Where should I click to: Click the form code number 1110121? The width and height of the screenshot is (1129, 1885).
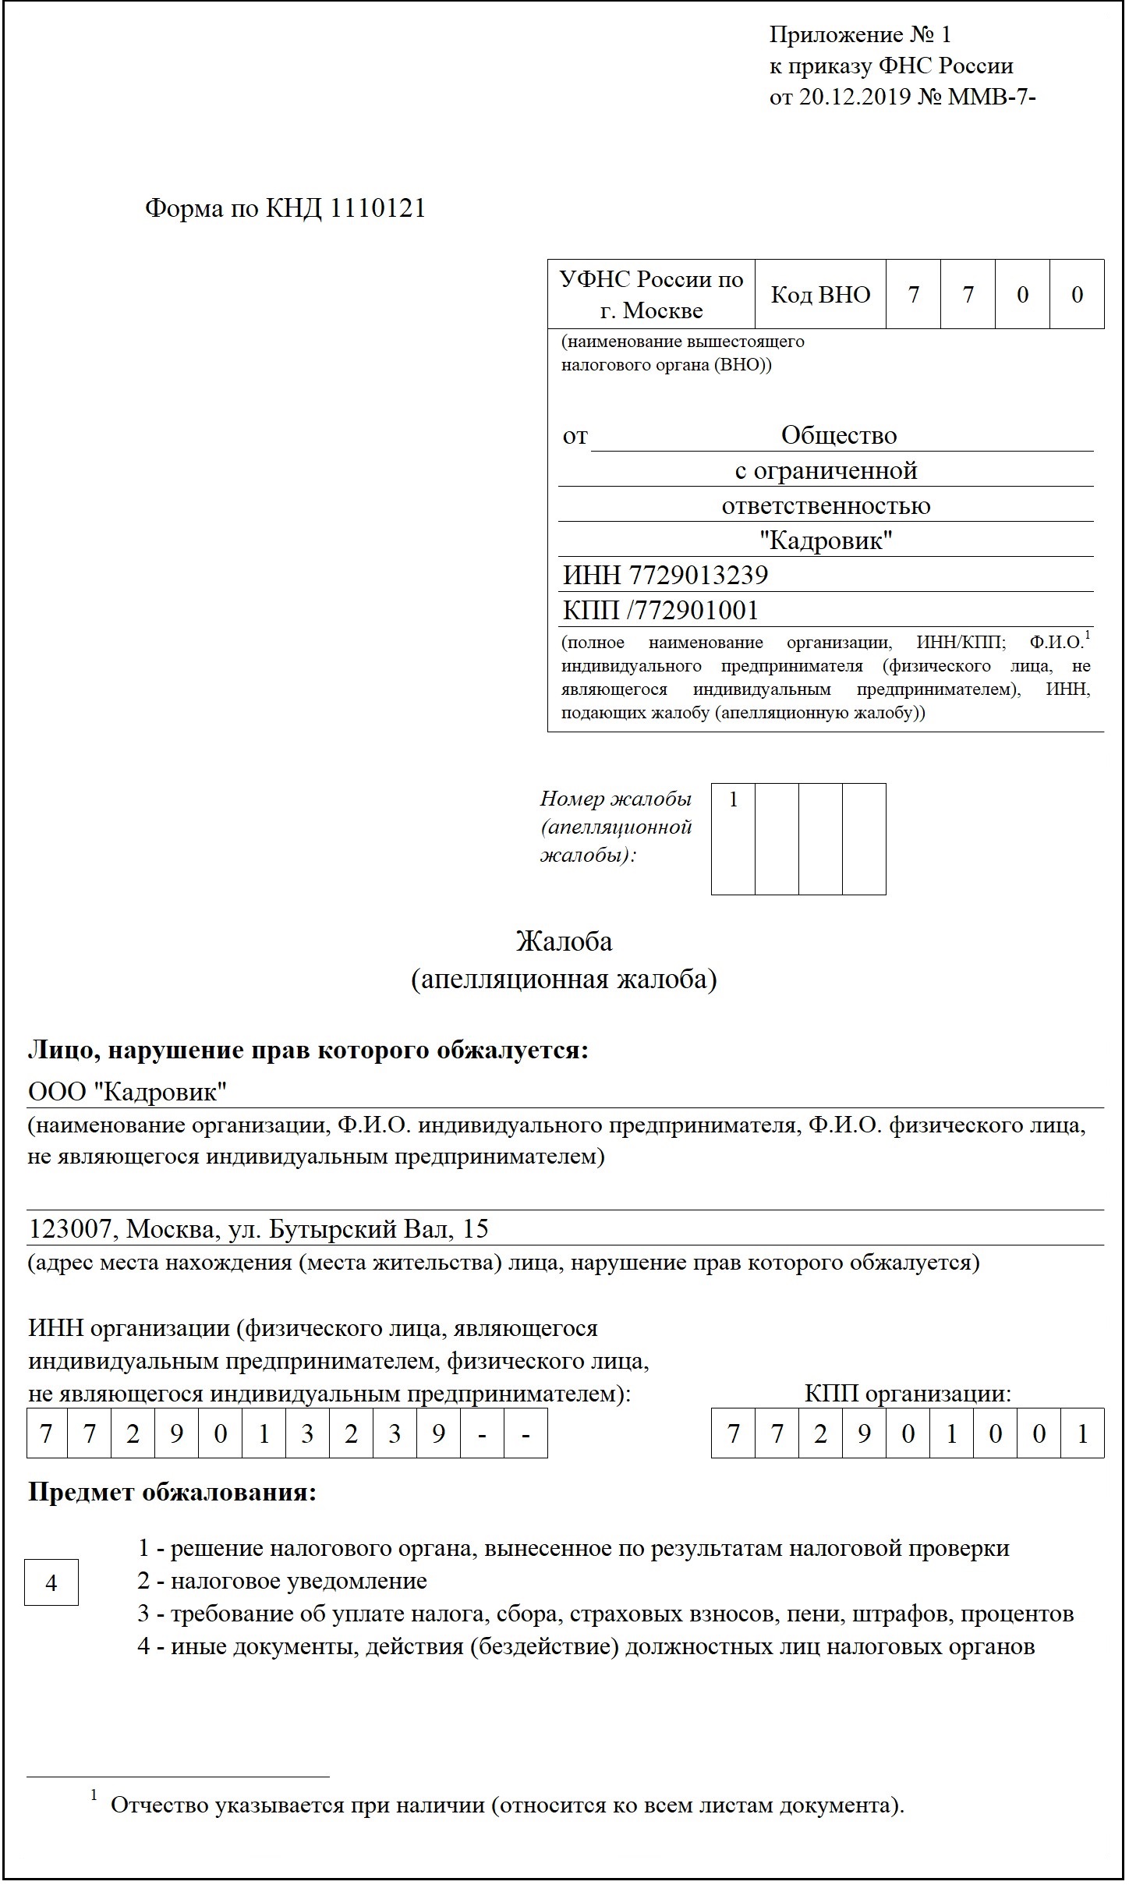point(378,209)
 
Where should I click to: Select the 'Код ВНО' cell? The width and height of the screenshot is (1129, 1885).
point(820,295)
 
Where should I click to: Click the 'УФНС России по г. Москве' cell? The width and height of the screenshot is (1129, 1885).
point(651,295)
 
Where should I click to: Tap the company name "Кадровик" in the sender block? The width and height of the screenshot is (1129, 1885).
point(826,540)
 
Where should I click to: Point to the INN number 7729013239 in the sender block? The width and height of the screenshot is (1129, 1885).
point(698,576)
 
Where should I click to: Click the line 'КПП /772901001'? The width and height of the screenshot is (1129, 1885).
point(660,611)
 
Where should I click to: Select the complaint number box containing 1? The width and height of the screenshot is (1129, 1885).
point(733,838)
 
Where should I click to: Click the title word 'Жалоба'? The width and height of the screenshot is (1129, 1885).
point(564,942)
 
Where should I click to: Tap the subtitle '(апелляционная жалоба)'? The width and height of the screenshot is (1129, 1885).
point(564,980)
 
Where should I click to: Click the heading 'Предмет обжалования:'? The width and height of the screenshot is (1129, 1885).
point(172,1493)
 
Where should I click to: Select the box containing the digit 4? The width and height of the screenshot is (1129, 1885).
point(51,1583)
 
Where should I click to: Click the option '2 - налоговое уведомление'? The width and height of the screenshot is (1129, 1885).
point(282,1581)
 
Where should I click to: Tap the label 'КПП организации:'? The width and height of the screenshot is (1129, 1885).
point(908,1394)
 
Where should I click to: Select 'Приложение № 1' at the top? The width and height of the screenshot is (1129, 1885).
point(860,34)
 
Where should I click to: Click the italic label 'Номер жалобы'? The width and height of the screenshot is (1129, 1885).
point(616,799)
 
